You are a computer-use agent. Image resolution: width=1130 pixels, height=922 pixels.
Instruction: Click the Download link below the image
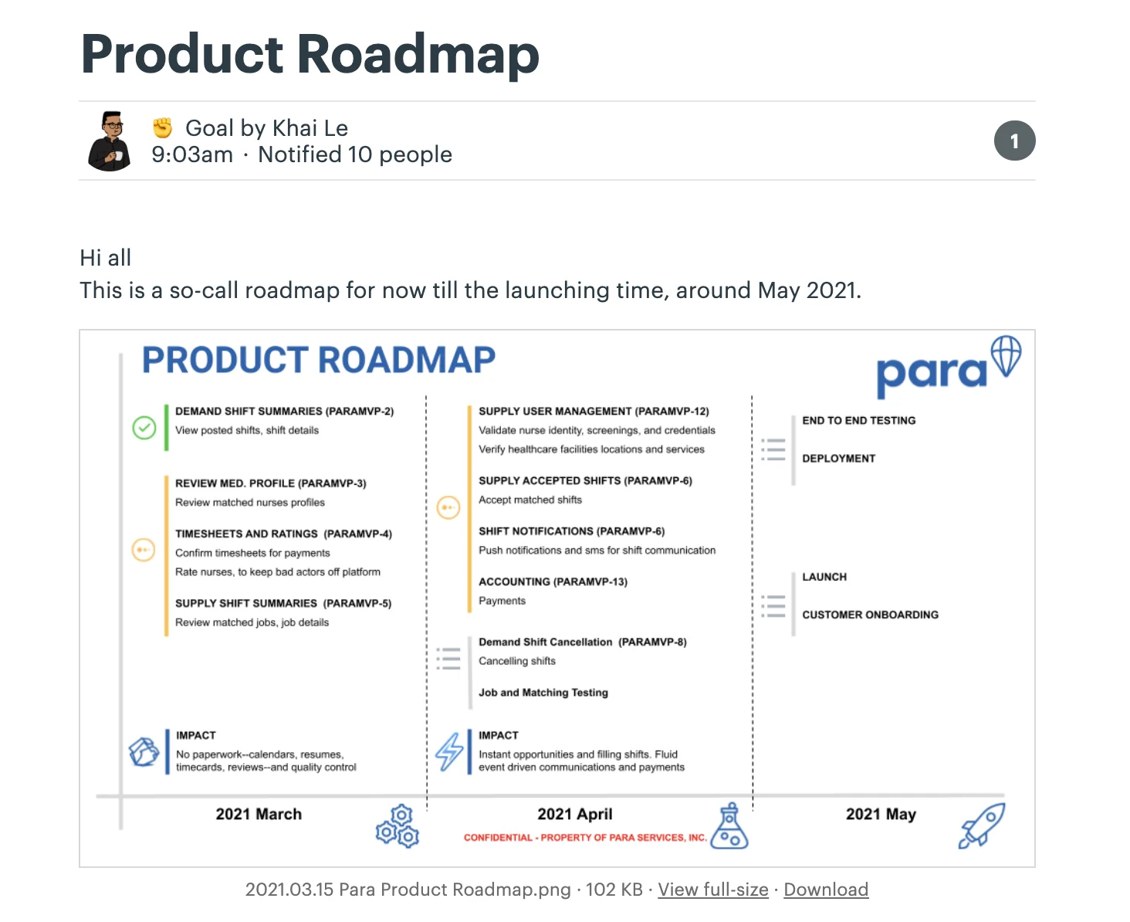pos(825,890)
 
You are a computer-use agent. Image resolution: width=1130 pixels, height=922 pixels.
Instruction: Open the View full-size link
pos(712,890)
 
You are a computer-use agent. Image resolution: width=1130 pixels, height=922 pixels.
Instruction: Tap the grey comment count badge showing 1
pos(1014,141)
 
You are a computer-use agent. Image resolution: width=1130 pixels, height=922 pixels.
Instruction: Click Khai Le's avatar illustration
pos(110,141)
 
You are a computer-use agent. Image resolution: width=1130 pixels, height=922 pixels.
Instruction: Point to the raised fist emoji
pos(162,127)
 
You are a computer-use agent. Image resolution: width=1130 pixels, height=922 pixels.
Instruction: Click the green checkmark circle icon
pos(144,428)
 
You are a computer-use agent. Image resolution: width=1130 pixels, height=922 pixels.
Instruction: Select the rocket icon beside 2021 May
pos(982,825)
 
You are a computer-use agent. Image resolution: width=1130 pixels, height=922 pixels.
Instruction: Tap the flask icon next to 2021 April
pos(729,825)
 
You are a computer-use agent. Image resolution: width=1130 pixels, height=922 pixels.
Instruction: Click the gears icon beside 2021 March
pos(397,826)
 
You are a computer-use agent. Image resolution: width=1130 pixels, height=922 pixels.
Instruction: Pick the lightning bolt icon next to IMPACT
pos(449,751)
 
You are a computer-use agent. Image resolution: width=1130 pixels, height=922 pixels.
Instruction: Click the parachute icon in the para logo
pos(1006,356)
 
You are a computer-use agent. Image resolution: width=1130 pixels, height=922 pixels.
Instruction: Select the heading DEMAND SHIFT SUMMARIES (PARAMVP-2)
pos(285,411)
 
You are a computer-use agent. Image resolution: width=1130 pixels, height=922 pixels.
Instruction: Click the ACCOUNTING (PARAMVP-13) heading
pos(553,581)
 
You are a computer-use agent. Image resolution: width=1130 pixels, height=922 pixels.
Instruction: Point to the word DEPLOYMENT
pos(838,459)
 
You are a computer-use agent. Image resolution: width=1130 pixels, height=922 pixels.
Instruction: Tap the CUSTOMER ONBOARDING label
pos(870,615)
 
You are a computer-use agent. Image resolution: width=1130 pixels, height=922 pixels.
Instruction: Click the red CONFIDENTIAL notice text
pos(585,837)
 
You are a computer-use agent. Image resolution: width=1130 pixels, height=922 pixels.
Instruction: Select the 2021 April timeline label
pos(574,814)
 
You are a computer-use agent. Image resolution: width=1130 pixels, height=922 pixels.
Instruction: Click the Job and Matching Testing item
pos(543,692)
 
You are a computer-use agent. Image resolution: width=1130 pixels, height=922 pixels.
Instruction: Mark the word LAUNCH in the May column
pos(824,577)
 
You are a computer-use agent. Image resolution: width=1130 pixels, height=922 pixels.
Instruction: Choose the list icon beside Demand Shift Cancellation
pos(448,659)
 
